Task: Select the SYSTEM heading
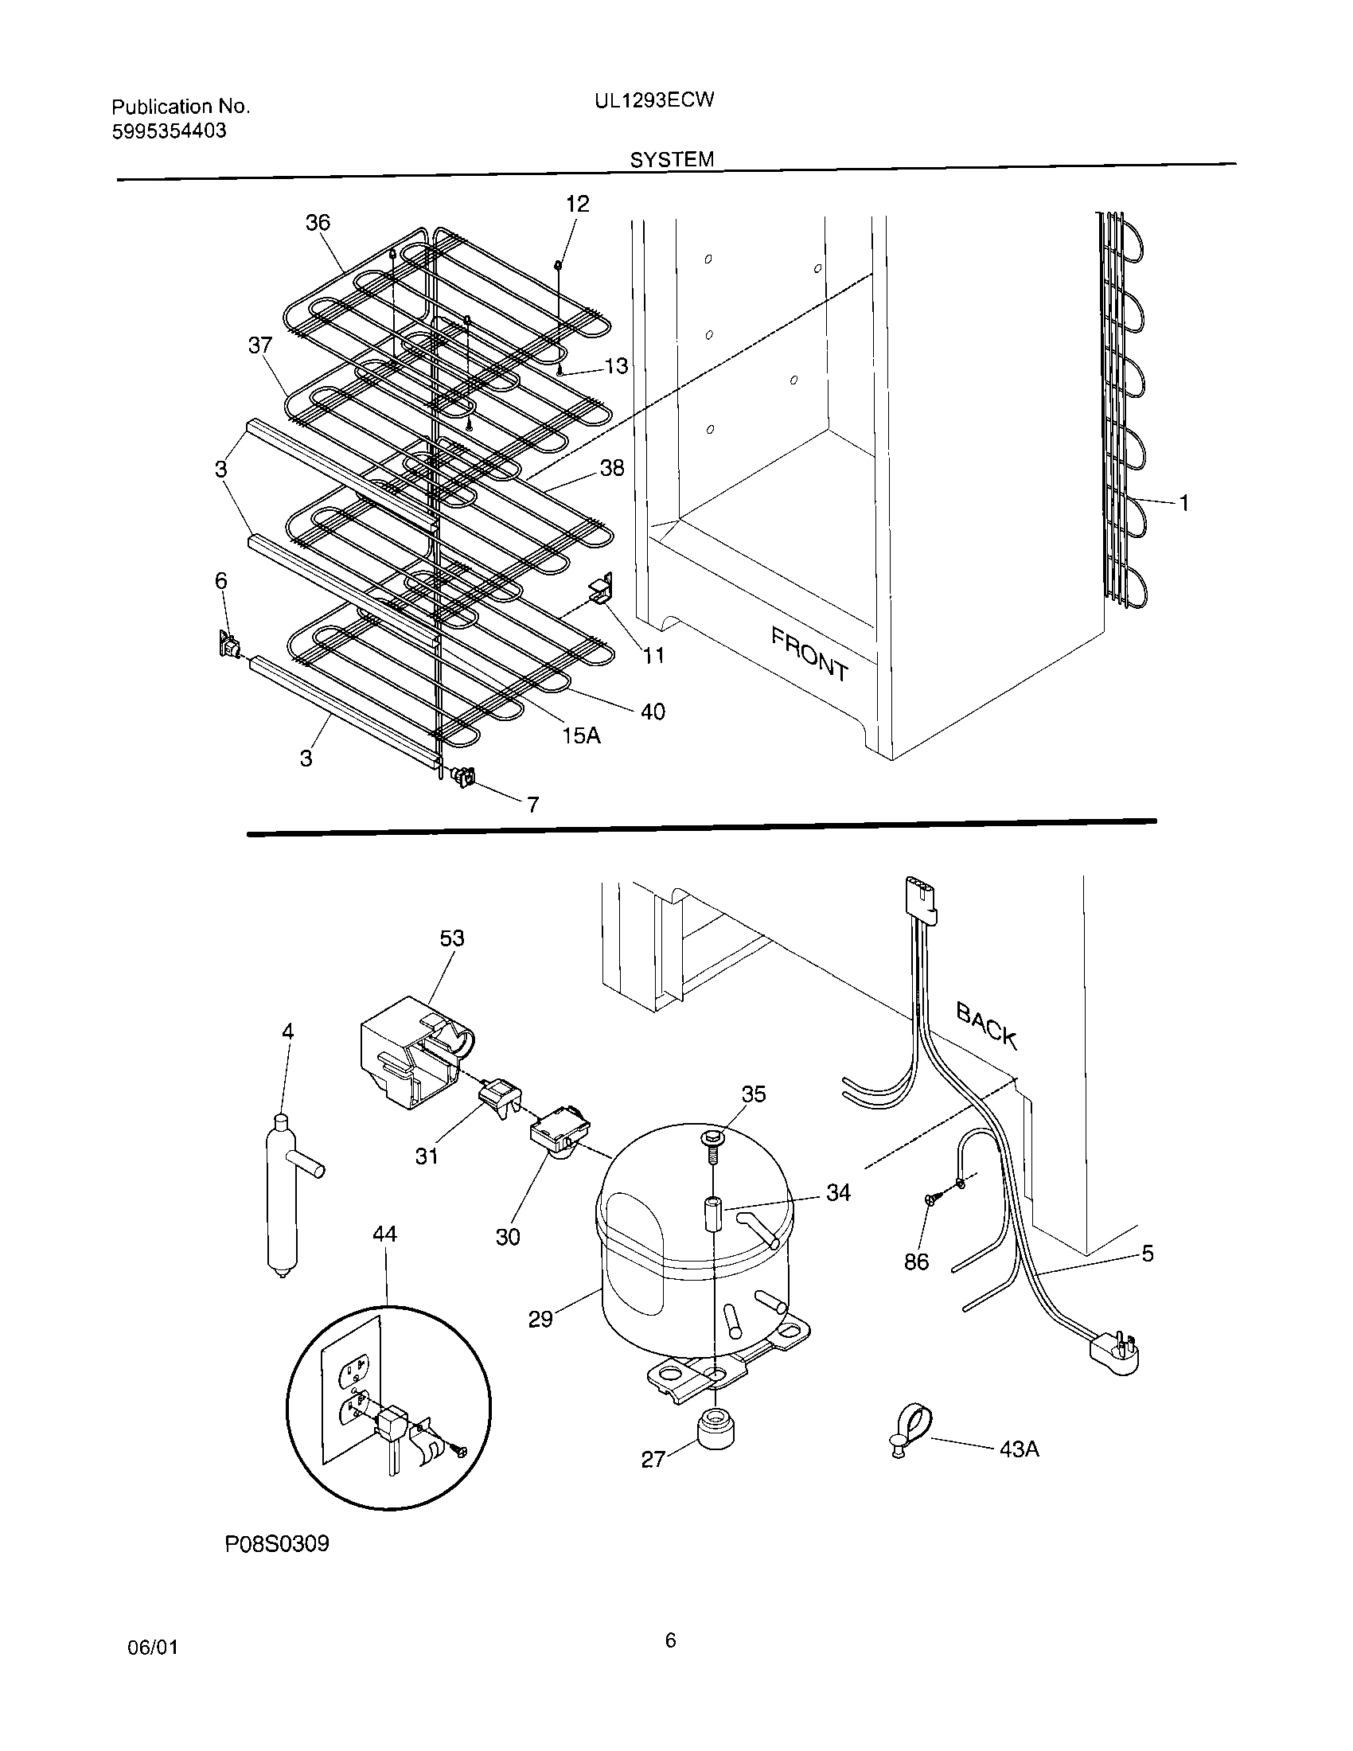point(672,159)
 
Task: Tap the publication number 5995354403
point(169,131)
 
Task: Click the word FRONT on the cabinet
point(809,653)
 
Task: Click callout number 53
point(452,938)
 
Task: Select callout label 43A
point(1020,1449)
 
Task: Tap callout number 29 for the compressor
point(540,1319)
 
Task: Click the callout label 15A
point(581,735)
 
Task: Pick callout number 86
point(916,1262)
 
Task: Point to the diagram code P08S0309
point(276,1543)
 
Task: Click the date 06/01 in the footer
point(152,1647)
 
